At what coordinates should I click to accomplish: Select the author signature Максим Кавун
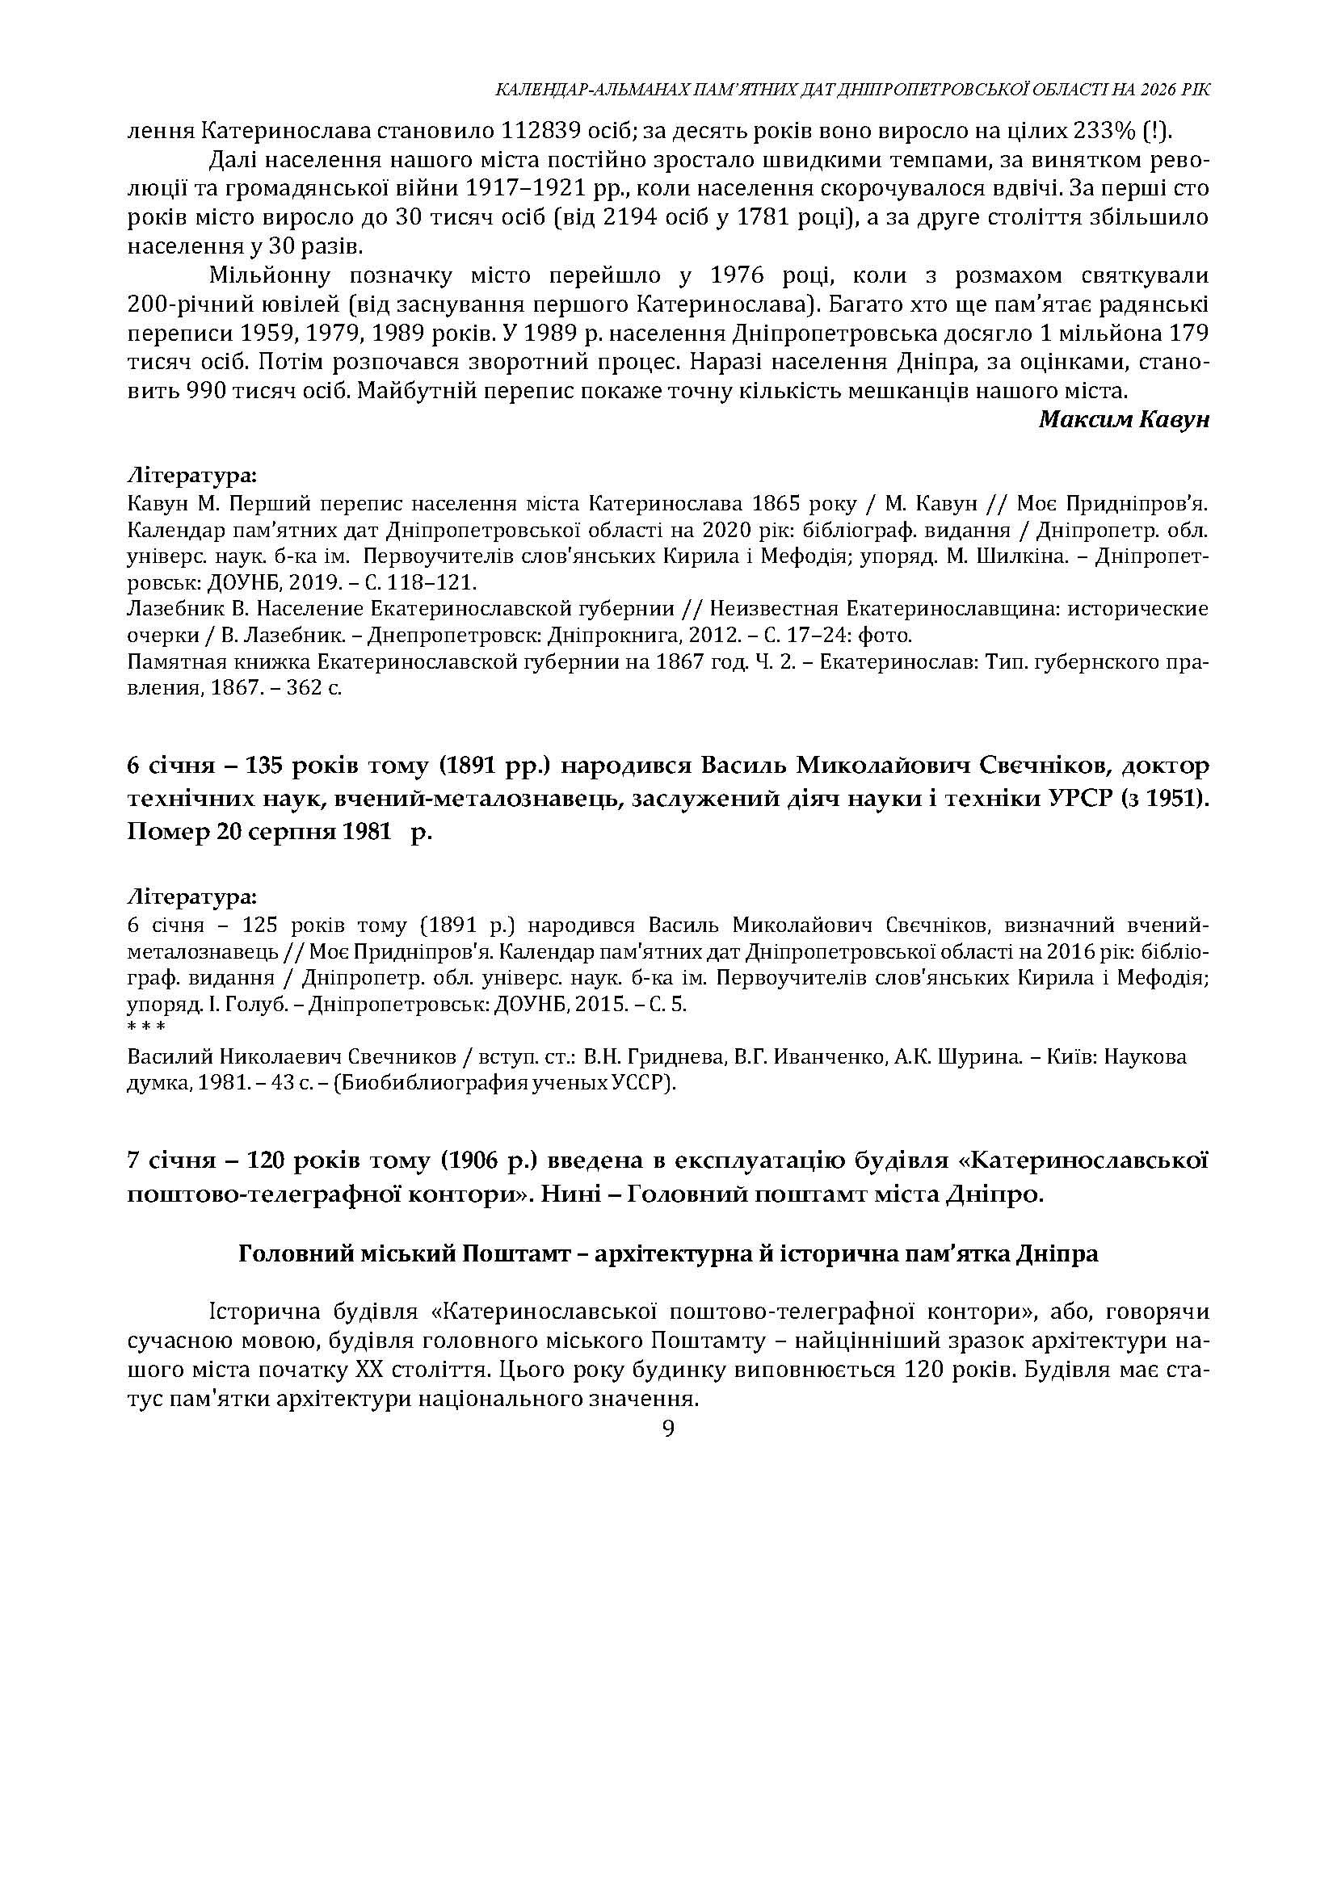(x=1124, y=419)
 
